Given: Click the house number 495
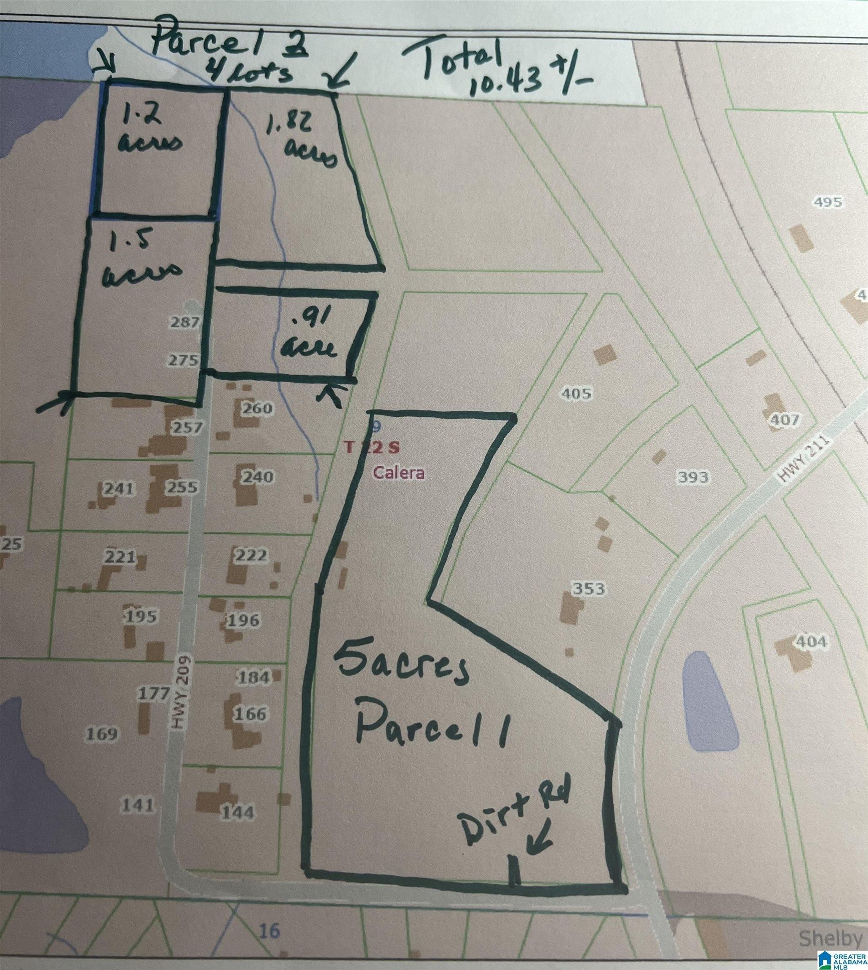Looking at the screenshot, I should pos(828,202).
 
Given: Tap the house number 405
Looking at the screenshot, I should pos(577,393).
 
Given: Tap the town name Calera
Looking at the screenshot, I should pos(399,473).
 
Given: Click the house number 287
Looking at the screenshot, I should pos(184,322).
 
